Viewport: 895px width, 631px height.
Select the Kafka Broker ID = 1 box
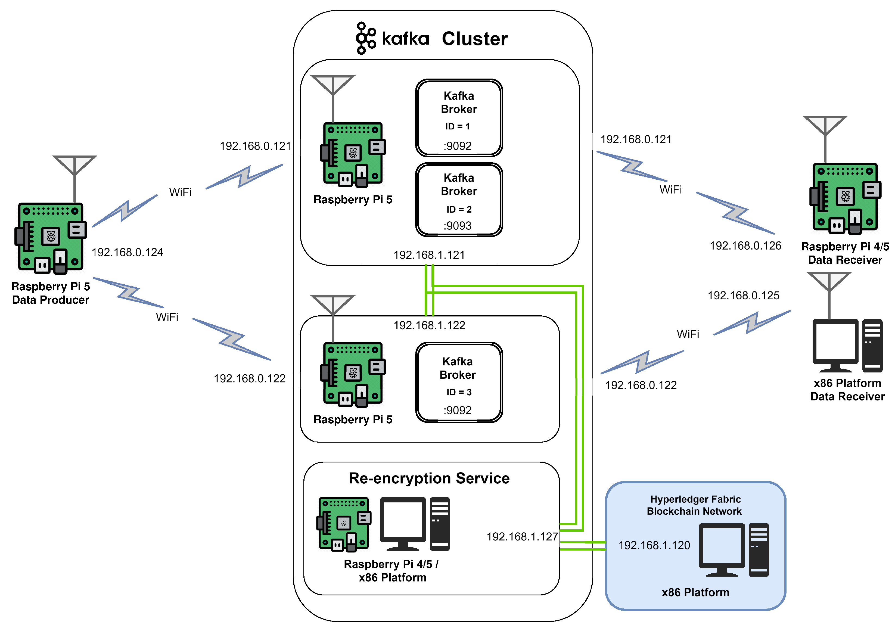(x=459, y=118)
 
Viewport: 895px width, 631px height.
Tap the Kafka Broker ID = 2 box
(x=459, y=200)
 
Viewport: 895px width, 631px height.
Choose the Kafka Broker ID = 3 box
(x=459, y=382)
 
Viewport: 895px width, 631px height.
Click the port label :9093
(x=457, y=226)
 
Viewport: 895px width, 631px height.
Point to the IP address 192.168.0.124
(x=127, y=252)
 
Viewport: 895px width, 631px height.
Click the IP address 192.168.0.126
(x=745, y=245)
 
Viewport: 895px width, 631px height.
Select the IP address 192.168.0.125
(x=743, y=296)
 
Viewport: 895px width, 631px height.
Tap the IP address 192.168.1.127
(x=522, y=537)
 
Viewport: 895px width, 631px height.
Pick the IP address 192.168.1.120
(x=654, y=545)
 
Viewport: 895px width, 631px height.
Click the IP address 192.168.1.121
(x=429, y=255)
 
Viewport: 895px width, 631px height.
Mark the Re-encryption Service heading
(x=429, y=478)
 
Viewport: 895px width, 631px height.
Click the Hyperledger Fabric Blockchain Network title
(x=695, y=505)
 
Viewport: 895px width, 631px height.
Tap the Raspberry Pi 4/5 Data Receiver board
(x=845, y=198)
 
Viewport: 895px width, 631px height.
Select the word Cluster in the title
(x=474, y=39)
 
